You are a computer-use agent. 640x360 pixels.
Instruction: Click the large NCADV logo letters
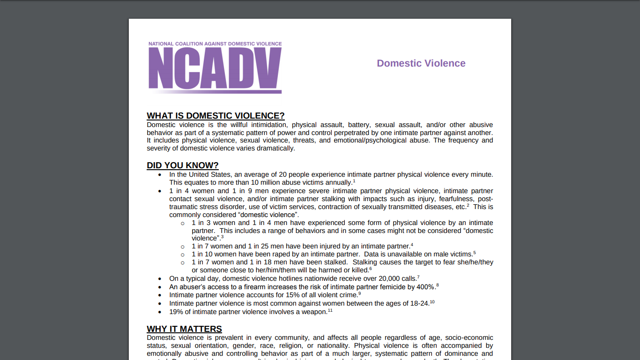point(215,68)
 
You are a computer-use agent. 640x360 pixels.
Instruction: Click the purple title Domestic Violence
point(421,63)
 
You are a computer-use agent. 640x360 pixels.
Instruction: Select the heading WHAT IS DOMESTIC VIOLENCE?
point(216,116)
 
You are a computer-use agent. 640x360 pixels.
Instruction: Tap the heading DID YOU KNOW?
point(182,165)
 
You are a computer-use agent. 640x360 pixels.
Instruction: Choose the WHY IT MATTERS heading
point(184,329)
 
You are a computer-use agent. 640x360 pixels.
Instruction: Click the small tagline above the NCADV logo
point(215,44)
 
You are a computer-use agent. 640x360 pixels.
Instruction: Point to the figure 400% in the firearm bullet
point(426,287)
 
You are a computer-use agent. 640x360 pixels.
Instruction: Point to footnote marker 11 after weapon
point(330,310)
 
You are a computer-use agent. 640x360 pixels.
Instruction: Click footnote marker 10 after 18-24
point(432,302)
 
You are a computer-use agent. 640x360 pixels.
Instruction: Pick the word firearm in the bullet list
point(256,287)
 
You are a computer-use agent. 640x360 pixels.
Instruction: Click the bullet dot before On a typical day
point(160,279)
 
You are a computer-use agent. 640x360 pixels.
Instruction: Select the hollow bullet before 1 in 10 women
point(183,255)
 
